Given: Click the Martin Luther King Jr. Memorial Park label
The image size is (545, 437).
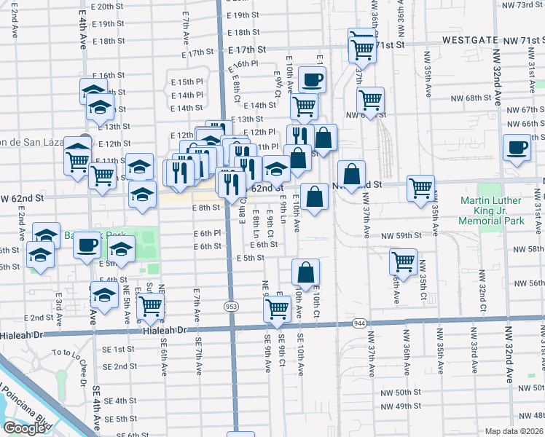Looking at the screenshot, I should point(493,206).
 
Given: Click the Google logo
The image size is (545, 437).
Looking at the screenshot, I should point(23,428).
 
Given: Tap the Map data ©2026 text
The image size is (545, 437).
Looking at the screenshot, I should point(514,431).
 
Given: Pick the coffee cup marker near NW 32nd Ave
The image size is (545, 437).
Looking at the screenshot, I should point(518,147).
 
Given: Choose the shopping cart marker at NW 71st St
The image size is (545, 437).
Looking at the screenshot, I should point(361,47).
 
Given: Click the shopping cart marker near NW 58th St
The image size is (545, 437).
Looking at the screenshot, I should point(403,261).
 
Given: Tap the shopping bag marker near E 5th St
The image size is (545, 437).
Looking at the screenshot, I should point(306,272).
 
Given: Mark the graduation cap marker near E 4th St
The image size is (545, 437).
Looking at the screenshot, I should point(106,295).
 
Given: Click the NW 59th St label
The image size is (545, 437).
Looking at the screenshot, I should point(403,235).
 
